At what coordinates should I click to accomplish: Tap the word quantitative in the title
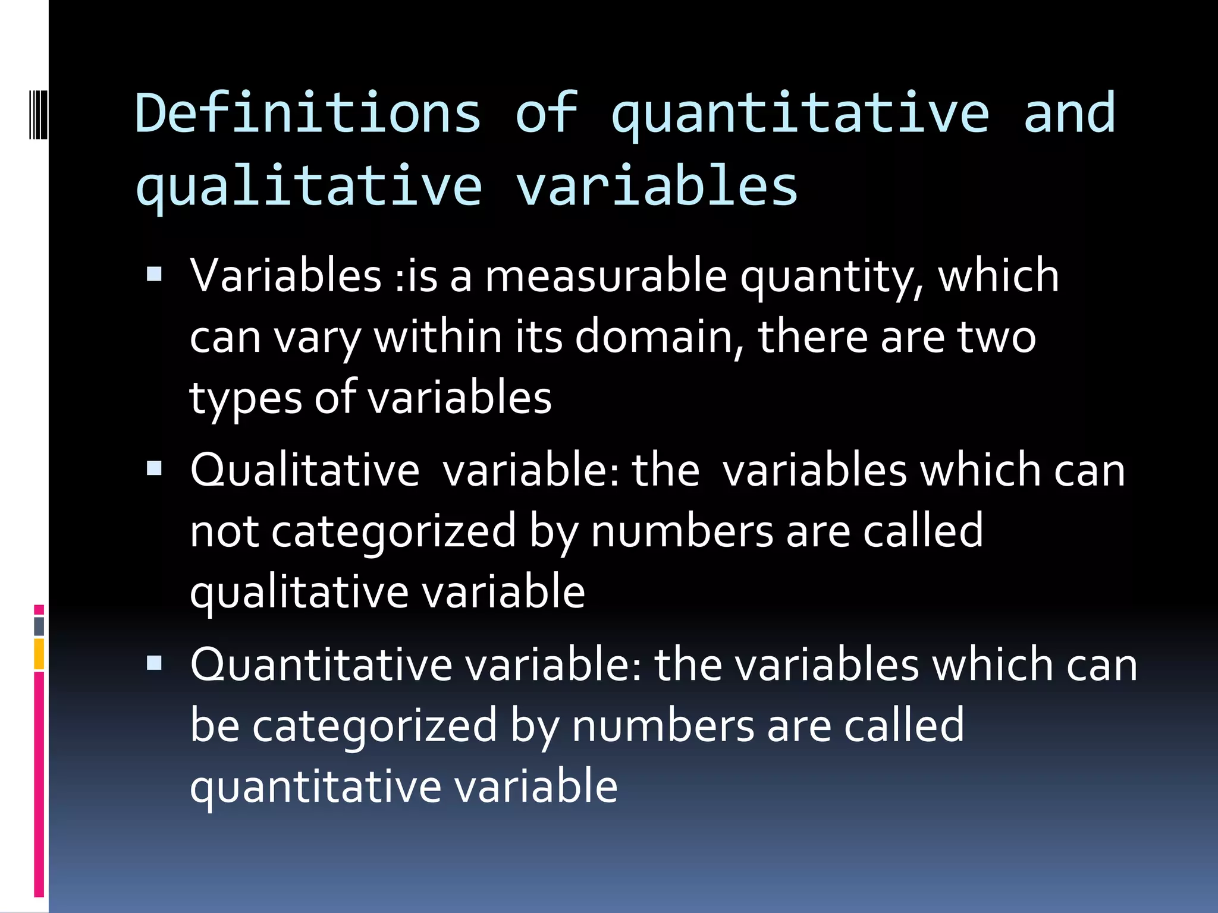point(800,114)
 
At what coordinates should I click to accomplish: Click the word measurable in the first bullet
point(606,276)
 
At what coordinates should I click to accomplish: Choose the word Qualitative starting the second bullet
point(304,470)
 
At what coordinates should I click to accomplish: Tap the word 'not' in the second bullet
point(224,532)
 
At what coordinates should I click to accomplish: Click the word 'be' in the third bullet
point(215,726)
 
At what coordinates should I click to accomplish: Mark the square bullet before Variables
point(154,274)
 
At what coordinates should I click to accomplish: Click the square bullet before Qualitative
point(154,468)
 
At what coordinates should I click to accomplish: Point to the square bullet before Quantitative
point(154,662)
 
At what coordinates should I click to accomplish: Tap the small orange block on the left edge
point(39,654)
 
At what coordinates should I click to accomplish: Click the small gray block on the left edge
point(39,626)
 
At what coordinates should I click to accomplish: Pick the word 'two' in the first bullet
point(996,337)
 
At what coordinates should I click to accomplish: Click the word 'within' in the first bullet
point(438,337)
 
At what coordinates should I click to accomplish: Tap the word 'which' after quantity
point(998,276)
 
